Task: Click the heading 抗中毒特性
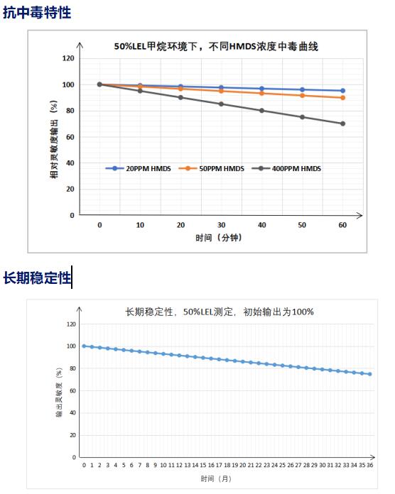coord(36,12)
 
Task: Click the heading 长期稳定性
coord(37,278)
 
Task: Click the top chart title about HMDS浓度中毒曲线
coord(216,47)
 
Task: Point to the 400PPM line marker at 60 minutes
coord(342,123)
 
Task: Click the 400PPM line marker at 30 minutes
coord(221,104)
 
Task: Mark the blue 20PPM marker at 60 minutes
coord(342,91)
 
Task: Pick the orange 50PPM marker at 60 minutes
coord(342,97)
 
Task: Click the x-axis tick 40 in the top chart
coord(261,224)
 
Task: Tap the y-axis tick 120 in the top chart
coord(68,58)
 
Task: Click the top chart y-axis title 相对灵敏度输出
coord(53,138)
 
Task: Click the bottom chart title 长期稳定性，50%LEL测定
coord(220,311)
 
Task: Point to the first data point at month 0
coord(84,346)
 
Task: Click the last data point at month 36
coord(370,374)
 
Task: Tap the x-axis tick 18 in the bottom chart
coord(227,464)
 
